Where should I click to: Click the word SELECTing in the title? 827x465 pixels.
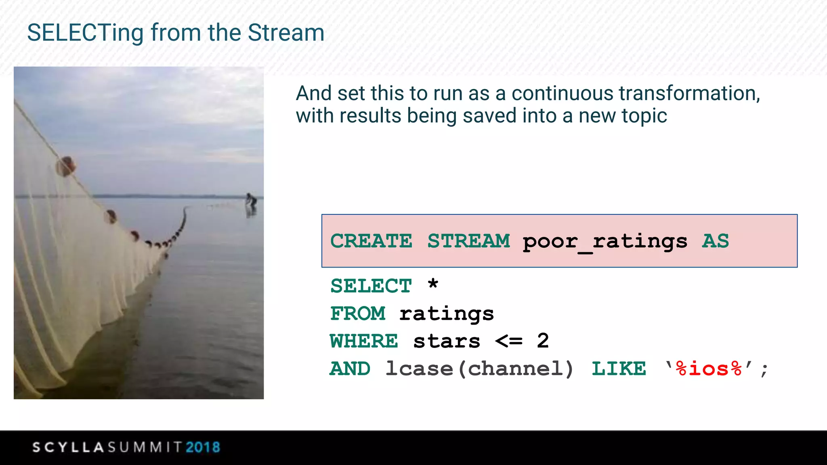pos(85,33)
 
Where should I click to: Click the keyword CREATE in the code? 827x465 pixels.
pos(371,241)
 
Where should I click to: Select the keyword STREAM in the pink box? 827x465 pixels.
pos(469,241)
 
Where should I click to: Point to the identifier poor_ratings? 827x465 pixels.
pos(605,242)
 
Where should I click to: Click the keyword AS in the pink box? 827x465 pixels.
pos(716,241)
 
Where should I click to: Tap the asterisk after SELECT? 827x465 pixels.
pos(433,284)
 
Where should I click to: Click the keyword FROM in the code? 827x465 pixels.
pos(358,314)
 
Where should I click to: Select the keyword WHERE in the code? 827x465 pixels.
pos(364,341)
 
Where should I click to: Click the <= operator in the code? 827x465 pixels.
pos(509,341)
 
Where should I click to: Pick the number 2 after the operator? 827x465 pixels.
pos(543,341)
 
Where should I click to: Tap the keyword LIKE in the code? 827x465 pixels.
pos(619,369)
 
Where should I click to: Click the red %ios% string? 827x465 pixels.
pos(709,369)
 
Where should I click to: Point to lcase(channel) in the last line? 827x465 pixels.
pos(479,369)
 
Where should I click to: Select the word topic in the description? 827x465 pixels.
pos(644,116)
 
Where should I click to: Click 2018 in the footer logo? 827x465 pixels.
pos(203,447)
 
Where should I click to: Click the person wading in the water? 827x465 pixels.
pos(251,202)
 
